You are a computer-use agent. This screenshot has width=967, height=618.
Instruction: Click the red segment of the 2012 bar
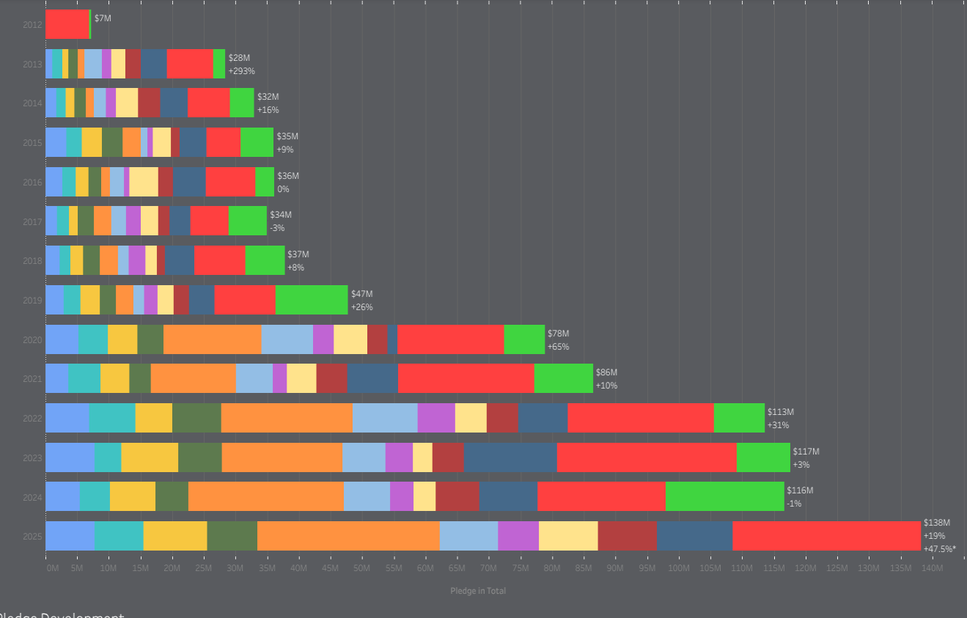click(67, 24)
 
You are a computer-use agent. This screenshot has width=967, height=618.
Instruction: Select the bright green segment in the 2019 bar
click(311, 300)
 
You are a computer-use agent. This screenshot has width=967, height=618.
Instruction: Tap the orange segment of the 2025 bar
click(348, 536)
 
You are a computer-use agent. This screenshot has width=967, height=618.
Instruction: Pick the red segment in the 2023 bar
click(647, 457)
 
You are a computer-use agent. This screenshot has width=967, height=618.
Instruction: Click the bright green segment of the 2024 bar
click(724, 496)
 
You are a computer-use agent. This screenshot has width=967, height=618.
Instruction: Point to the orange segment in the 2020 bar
click(212, 339)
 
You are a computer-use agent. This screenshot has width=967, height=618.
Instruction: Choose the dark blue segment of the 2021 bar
click(372, 378)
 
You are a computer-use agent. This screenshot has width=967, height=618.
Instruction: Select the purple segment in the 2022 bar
click(436, 418)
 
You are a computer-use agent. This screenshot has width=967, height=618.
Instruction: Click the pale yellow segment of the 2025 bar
click(568, 536)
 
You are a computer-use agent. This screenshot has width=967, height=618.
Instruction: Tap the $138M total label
click(936, 523)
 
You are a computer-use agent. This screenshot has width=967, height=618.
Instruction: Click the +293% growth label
click(241, 71)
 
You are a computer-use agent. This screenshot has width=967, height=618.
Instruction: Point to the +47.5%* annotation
click(939, 549)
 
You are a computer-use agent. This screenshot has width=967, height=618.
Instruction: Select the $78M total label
click(558, 334)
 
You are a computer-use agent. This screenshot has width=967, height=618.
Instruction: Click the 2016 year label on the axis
click(32, 182)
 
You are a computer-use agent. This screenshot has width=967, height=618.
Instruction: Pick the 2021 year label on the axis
click(32, 379)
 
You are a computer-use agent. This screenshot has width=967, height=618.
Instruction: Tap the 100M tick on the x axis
click(679, 568)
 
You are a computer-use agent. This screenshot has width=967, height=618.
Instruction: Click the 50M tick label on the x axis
click(362, 568)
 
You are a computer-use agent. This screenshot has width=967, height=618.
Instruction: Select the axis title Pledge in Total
click(478, 591)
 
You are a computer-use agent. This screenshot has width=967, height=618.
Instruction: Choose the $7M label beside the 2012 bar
click(103, 18)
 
